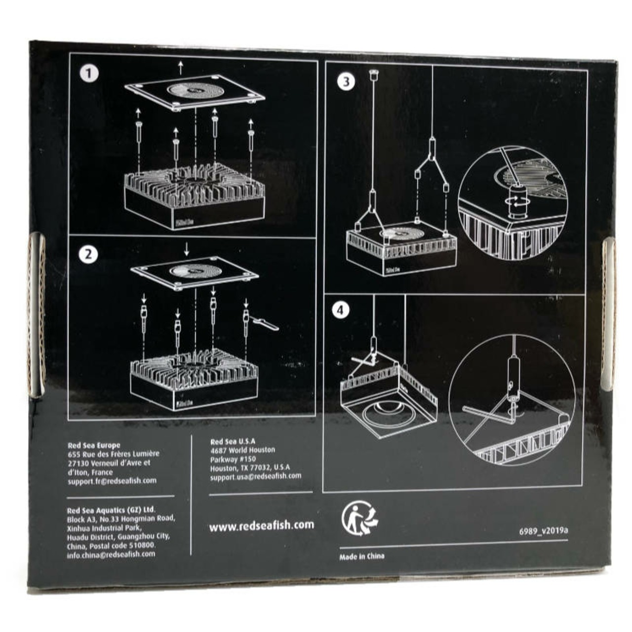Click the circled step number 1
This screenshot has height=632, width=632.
[x=89, y=74]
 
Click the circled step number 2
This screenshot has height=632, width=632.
[x=89, y=255]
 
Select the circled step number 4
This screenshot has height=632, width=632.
[x=340, y=310]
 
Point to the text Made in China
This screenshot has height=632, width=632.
[x=362, y=556]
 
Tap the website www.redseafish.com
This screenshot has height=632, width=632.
[x=261, y=525]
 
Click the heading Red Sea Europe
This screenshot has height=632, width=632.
[x=94, y=445]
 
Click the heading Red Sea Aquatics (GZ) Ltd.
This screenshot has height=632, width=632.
[x=111, y=509]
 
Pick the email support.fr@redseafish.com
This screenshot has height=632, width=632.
[x=112, y=480]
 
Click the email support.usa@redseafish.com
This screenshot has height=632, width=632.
[x=255, y=476]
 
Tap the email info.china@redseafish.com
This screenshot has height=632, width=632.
[x=111, y=554]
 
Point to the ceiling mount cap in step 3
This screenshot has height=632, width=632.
[x=373, y=75]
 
